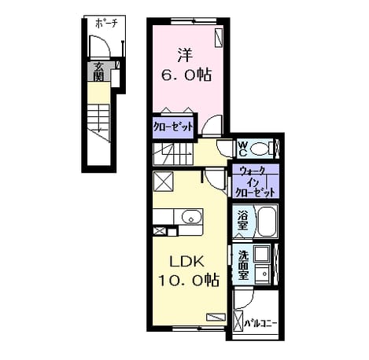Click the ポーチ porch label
click(106, 24)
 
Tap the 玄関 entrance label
click(98, 72)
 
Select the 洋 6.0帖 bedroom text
click(186, 65)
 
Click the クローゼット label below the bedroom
click(173, 127)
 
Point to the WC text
click(243, 149)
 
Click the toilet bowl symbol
click(260, 149)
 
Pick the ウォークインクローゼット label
click(255, 182)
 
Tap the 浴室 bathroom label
click(242, 220)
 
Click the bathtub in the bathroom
click(267, 221)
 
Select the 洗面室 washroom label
click(243, 266)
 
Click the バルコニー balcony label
click(260, 323)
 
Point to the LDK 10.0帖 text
click(188, 271)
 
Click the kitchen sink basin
click(191, 217)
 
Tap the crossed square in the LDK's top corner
click(163, 182)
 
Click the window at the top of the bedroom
click(194, 20)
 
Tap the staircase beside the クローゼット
click(173, 154)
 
